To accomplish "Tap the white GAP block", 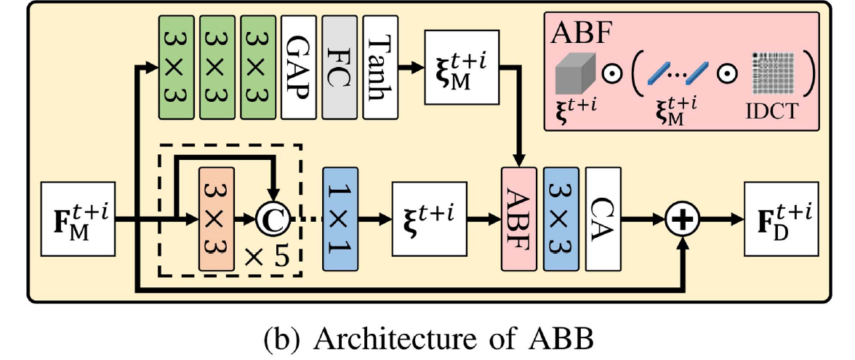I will pos(297,67).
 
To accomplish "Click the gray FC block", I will pos(337,67).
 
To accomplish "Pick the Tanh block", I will pos(378,67).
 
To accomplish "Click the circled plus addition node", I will pos(681,216).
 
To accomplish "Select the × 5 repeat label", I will pos(271,256).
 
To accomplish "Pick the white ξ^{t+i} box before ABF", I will pos(428,216).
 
